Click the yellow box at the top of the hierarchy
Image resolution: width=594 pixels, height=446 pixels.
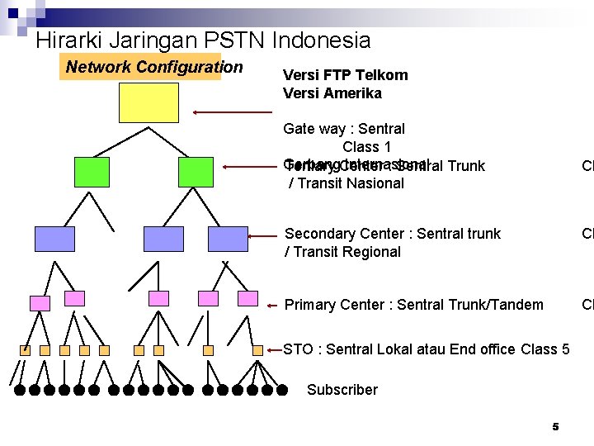(x=147, y=102)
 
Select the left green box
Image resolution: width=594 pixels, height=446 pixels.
(x=91, y=171)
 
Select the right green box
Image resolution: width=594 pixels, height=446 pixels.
(x=196, y=171)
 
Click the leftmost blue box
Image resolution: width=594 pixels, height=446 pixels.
(x=54, y=238)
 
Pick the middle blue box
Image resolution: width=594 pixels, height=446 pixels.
(x=163, y=238)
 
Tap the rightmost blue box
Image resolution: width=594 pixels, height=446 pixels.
(x=228, y=238)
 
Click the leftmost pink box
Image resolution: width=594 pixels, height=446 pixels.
(x=40, y=303)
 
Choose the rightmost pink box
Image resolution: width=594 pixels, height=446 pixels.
(x=247, y=298)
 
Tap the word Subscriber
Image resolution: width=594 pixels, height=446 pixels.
(x=342, y=390)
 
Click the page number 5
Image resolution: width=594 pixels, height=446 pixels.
(x=555, y=426)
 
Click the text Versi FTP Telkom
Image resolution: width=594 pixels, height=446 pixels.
(x=345, y=75)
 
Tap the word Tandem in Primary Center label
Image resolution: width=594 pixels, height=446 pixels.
(x=516, y=305)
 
